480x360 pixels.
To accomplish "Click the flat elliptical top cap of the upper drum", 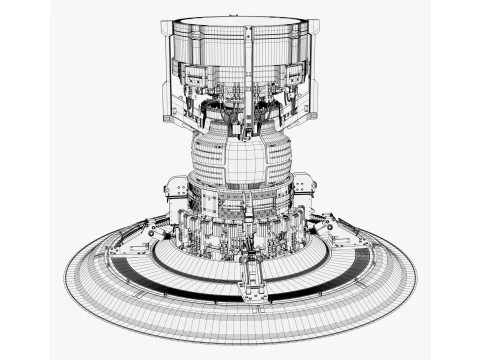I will [240, 21].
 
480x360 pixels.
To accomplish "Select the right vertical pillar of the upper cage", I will [316, 70].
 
